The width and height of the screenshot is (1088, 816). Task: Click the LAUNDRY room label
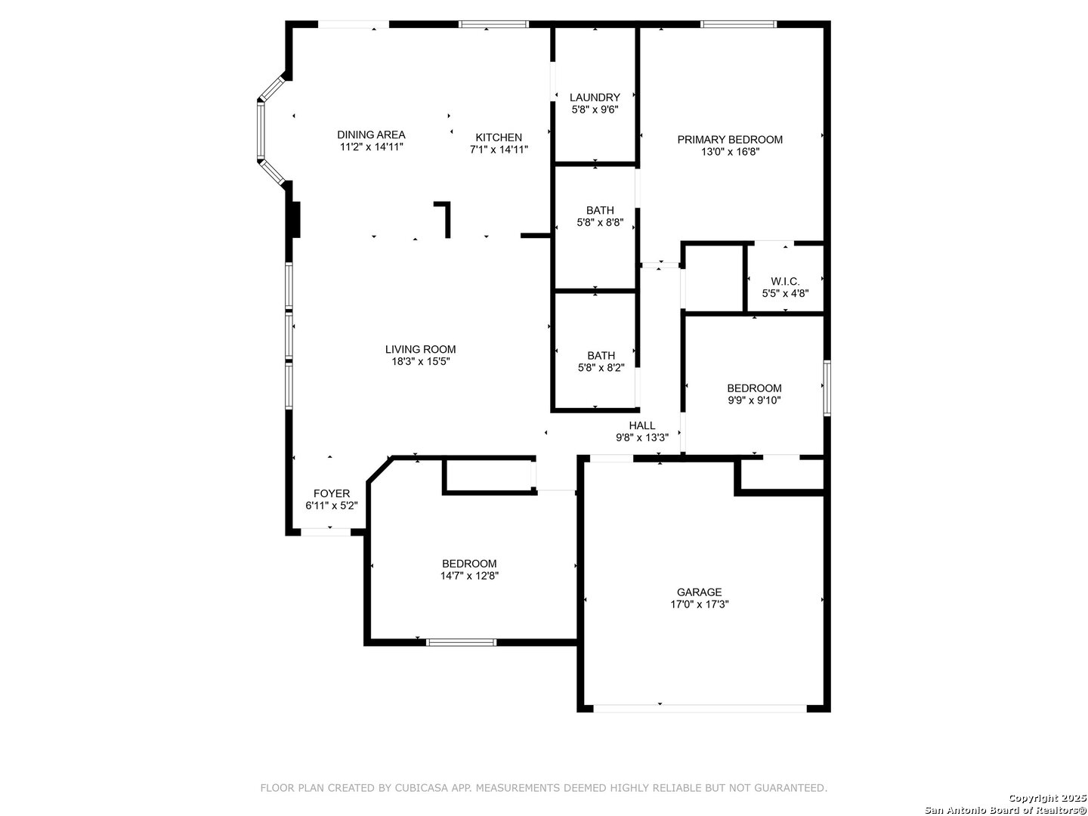point(595,97)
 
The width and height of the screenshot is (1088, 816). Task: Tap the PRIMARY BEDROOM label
point(730,140)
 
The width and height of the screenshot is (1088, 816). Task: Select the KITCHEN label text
point(499,138)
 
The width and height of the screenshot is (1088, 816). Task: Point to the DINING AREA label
point(371,134)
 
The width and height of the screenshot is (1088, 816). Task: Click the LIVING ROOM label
point(420,349)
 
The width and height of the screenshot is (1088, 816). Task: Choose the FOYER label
point(332,493)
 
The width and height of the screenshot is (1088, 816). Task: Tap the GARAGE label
point(700,592)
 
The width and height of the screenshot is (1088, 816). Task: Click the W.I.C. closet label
point(785,281)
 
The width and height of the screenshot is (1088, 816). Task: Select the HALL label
point(642,425)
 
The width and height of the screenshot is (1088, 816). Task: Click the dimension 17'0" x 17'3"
point(700,604)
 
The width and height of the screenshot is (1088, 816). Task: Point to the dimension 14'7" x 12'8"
point(469,576)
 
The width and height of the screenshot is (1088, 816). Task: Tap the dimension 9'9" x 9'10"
point(754,400)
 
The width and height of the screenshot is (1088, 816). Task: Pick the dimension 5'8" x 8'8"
point(600,223)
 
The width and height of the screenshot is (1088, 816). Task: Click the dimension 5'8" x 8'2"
point(601,368)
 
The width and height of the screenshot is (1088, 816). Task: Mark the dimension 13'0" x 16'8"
point(730,152)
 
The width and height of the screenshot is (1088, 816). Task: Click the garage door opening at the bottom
point(700,709)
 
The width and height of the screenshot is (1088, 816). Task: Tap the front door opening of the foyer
point(326,533)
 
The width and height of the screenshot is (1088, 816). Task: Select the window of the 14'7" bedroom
point(461,642)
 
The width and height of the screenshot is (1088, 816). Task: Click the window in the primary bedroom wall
point(738,24)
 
